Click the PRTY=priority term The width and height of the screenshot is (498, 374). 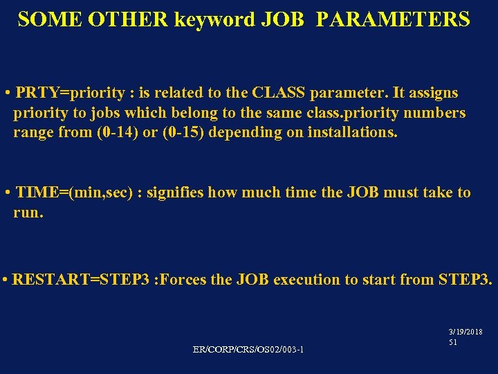click(62, 93)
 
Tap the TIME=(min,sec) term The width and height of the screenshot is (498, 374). click(77, 192)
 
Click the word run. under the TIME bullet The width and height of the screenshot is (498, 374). click(28, 212)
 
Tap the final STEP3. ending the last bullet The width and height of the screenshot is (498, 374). click(465, 280)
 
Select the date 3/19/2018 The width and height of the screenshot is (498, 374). click(465, 332)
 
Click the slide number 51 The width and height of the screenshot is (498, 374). click(453, 342)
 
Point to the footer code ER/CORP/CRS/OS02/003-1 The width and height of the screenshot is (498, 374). click(248, 348)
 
